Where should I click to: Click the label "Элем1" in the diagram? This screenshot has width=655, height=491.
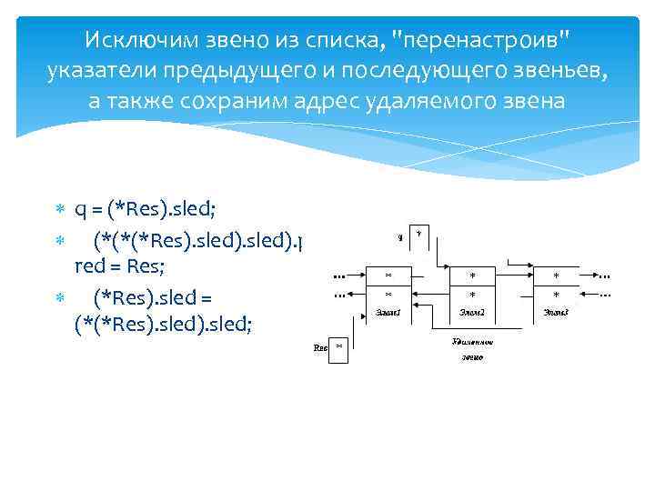click(388, 312)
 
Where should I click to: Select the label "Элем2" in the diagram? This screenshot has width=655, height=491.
click(471, 312)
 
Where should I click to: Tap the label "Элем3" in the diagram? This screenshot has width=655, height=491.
click(556, 312)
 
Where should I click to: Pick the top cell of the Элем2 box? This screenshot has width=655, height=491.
click(471, 276)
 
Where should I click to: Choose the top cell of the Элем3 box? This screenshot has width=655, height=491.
click(556, 276)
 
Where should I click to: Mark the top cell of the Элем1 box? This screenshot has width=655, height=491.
click(388, 276)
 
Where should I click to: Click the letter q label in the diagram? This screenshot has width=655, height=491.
click(400, 238)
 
